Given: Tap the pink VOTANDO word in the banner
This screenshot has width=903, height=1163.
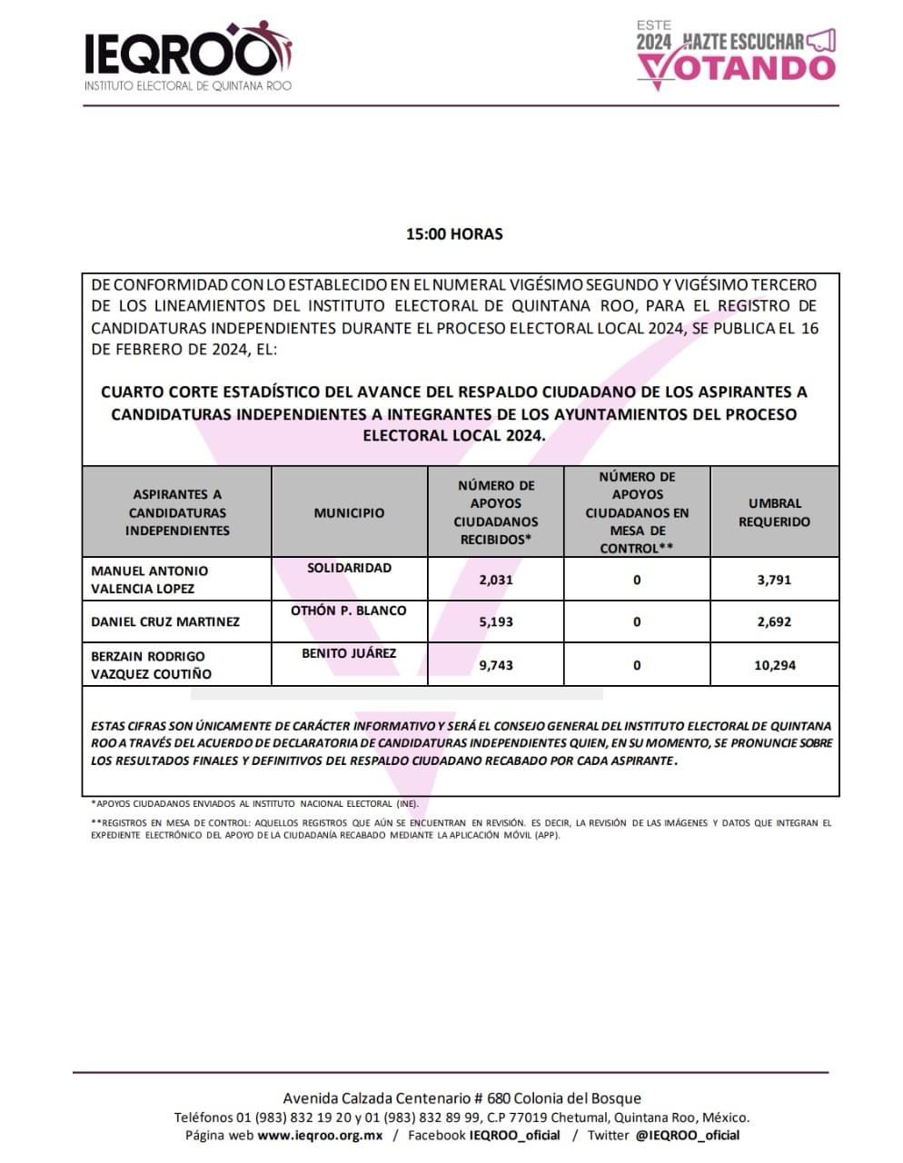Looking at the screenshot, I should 737,67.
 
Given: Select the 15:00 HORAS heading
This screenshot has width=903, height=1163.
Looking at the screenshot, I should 454,234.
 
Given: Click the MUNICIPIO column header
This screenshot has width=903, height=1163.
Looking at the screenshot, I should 349,512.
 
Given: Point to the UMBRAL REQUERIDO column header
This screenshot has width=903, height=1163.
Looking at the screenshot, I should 774,512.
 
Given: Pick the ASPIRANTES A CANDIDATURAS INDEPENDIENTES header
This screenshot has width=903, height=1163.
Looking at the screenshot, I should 177,512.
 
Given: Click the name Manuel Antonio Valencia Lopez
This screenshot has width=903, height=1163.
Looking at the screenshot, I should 150,580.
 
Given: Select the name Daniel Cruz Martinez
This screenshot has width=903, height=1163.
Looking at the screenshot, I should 165,622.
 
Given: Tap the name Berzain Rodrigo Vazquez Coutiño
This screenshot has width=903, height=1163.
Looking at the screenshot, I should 152,665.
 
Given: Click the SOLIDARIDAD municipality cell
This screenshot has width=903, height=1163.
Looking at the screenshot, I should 349,568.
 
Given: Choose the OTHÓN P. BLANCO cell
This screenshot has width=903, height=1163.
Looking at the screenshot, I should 349,611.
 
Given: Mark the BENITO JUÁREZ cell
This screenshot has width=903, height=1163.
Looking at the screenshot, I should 349,653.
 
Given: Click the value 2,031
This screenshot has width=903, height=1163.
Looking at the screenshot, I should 495,580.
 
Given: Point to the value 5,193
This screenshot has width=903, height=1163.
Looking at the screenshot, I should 495,622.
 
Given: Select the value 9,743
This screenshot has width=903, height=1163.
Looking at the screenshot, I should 495,665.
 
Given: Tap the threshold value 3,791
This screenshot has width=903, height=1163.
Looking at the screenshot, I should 774,580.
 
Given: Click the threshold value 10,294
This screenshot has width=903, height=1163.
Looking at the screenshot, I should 774,665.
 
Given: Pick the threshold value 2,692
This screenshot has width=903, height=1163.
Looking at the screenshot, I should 774,622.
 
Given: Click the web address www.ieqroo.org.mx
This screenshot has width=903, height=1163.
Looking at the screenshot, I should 320,1136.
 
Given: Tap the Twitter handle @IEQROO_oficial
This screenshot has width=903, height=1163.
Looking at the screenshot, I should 688,1136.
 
